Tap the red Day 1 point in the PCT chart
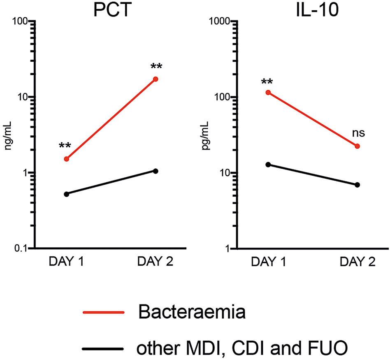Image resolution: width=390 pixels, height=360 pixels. pos(66,159)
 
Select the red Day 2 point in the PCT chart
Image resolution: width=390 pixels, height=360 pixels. pos(156,79)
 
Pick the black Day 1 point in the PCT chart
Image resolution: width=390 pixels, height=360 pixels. pos(66,194)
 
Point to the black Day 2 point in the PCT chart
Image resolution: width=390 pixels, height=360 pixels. pos(156,171)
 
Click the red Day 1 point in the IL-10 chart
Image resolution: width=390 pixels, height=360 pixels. pos(268,93)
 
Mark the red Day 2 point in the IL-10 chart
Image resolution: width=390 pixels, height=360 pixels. pos(357,146)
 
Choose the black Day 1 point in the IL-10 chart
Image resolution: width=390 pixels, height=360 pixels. pos(268,165)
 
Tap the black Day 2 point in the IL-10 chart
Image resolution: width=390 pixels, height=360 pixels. pos(357,185)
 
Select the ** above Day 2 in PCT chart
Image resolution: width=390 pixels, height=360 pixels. pos(156,67)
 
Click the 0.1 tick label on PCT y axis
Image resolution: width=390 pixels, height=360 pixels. pos(20,249)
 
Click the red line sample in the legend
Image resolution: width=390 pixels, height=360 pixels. pos(103,313)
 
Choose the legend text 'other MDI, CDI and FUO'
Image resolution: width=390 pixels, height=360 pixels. pos(243,348)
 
